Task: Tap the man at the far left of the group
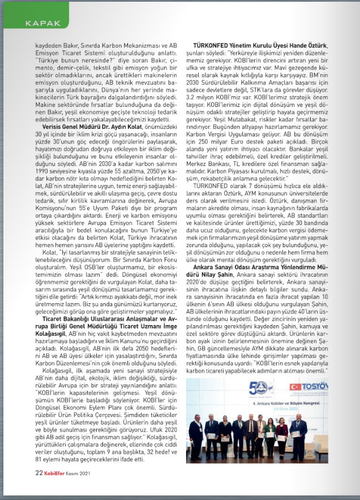(196, 436)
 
